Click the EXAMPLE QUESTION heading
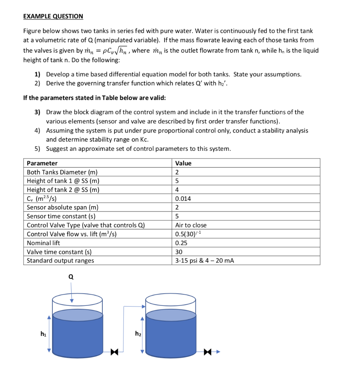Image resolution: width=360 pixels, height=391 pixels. (x=53, y=16)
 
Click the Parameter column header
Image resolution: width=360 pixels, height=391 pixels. (x=42, y=163)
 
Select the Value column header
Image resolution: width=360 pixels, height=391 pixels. (x=183, y=163)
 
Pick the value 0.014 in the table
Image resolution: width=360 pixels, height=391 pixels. (x=183, y=199)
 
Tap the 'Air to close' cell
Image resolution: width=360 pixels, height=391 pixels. (x=190, y=225)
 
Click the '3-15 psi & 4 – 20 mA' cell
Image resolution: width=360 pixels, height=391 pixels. (x=204, y=261)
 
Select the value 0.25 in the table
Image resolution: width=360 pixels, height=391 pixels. (x=181, y=243)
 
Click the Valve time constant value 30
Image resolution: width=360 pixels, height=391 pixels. (x=179, y=252)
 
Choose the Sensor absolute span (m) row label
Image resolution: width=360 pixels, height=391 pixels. (x=63, y=207)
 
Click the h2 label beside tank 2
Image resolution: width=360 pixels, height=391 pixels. (x=137, y=334)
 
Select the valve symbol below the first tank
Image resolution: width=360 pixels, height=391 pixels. (x=114, y=352)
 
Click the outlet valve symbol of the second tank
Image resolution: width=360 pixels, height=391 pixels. (x=208, y=352)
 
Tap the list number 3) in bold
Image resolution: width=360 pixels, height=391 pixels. (x=37, y=112)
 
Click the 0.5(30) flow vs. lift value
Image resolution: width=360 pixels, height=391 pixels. (x=186, y=234)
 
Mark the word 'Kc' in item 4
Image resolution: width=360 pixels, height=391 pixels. (x=145, y=139)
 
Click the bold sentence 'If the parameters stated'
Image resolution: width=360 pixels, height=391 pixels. (x=94, y=98)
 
